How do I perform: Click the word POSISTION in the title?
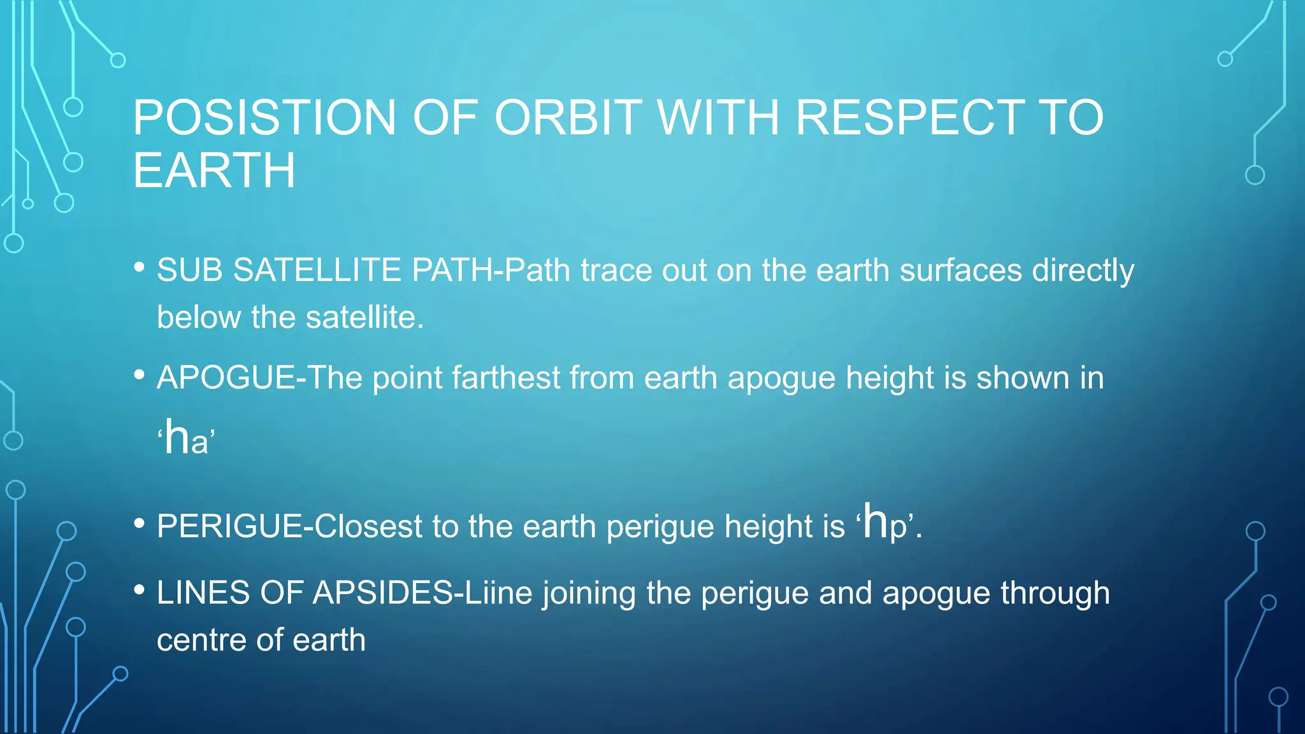click(x=264, y=118)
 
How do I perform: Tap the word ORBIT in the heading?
click(x=568, y=118)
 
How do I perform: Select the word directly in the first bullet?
click(x=1083, y=271)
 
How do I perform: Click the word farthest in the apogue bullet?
click(x=506, y=378)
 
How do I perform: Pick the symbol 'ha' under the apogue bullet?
click(x=186, y=438)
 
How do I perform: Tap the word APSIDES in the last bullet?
click(x=382, y=593)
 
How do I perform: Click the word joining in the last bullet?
click(x=589, y=594)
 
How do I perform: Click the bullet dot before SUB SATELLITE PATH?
click(x=140, y=268)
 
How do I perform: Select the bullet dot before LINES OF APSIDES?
click(x=140, y=590)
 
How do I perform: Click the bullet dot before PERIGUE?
click(x=140, y=524)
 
